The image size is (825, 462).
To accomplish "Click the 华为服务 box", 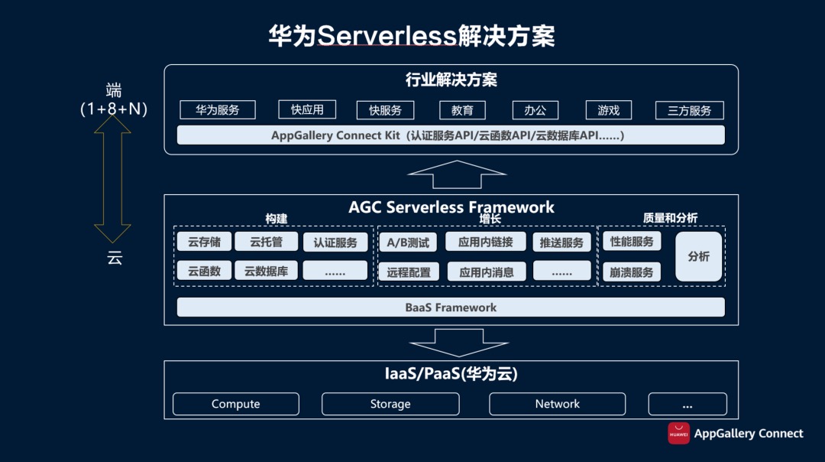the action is [217, 110].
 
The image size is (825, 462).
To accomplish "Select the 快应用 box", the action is [307, 109].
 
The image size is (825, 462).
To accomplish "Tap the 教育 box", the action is [462, 110].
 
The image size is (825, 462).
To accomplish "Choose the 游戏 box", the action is [609, 110].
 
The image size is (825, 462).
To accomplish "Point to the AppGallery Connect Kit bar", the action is [451, 135].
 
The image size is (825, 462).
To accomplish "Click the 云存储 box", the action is [204, 242].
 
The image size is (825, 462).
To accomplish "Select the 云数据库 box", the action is [267, 271].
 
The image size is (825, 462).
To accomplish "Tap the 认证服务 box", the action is [335, 242].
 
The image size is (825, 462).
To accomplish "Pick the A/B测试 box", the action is [408, 242].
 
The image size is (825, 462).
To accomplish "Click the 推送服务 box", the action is [561, 242].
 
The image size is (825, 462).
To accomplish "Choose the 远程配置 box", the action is [409, 272].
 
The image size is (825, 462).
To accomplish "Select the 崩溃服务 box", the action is [632, 272].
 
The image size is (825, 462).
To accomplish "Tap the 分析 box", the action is [699, 256].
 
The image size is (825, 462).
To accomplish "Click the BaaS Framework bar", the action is [451, 307].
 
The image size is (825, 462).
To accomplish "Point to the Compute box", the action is [236, 404].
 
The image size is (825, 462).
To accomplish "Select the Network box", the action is [557, 404].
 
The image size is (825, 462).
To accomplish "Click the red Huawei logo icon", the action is [679, 434].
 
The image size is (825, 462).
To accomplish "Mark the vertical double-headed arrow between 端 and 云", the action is [112, 178].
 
